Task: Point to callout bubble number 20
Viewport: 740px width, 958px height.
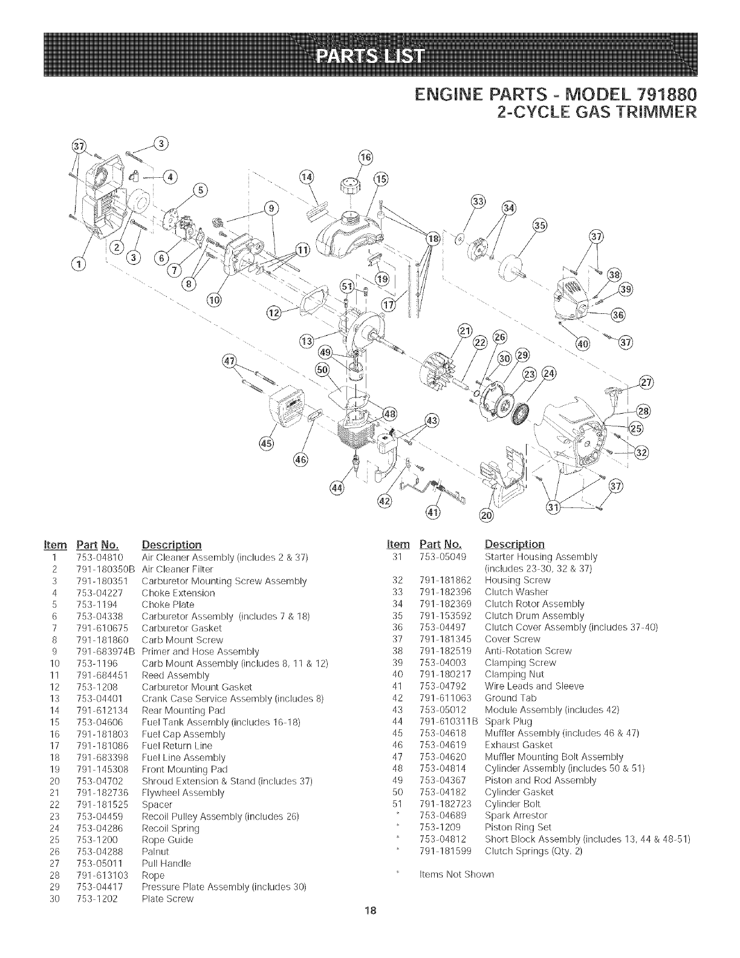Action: point(486,515)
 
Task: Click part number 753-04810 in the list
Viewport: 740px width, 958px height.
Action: point(109,557)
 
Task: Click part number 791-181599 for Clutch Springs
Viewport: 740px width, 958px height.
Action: point(444,851)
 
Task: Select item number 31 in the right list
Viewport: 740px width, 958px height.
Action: point(398,557)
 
